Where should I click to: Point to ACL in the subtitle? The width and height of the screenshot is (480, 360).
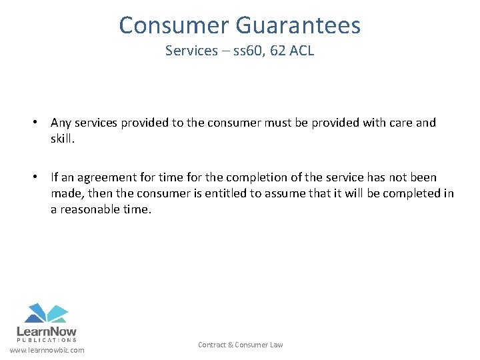pos(301,51)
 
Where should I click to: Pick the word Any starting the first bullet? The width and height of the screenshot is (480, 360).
pos(61,123)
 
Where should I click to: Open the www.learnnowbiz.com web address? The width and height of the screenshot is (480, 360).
pos(47,350)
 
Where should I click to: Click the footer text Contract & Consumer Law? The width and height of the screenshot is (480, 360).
pos(240,345)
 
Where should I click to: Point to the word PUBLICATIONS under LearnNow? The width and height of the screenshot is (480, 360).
pos(46,339)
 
